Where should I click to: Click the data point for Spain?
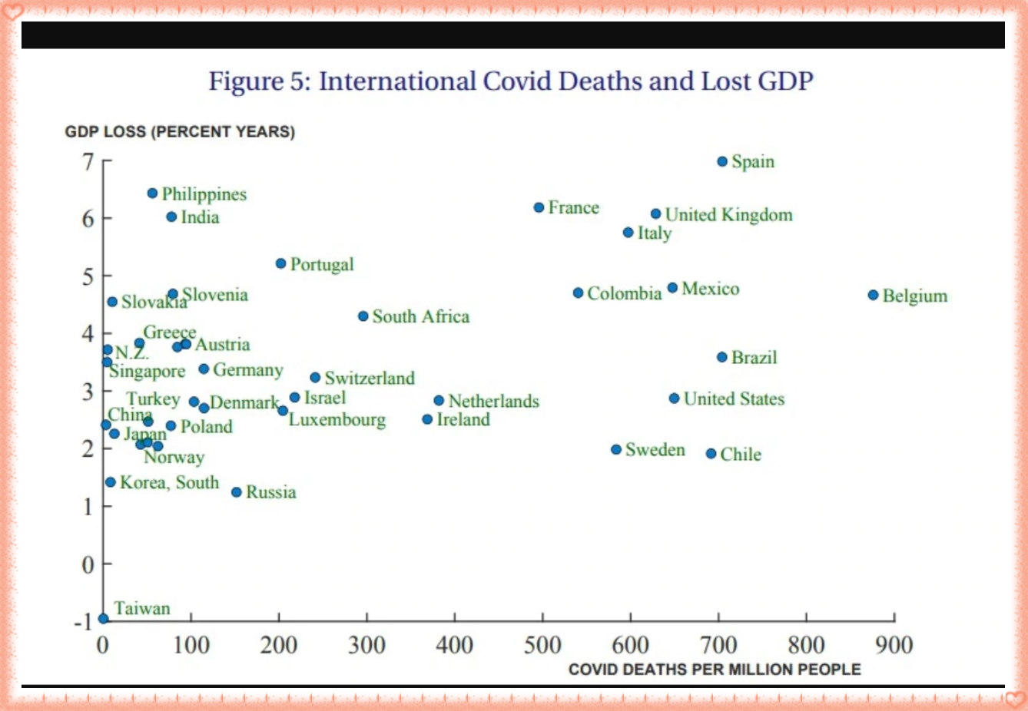tap(722, 161)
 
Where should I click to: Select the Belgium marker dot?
tap(873, 295)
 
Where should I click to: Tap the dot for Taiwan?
tap(103, 619)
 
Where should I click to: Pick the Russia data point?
tap(237, 492)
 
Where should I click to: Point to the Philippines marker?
tap(152, 193)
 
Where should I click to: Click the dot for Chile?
tap(711, 454)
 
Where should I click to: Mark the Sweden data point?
tap(616, 449)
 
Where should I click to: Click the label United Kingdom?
tap(728, 215)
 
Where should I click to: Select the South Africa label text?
tap(420, 316)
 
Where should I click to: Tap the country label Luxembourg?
tap(337, 420)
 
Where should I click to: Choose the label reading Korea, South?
tap(169, 482)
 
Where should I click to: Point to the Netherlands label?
tap(493, 401)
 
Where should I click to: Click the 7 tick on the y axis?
tap(89, 161)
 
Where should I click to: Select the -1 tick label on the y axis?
tap(84, 621)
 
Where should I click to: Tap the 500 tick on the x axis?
tap(542, 645)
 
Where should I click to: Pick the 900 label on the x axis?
tap(894, 645)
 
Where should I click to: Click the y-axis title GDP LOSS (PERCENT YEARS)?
tap(180, 131)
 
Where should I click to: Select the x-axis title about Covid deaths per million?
tap(715, 670)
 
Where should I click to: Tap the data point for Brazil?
tap(722, 357)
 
